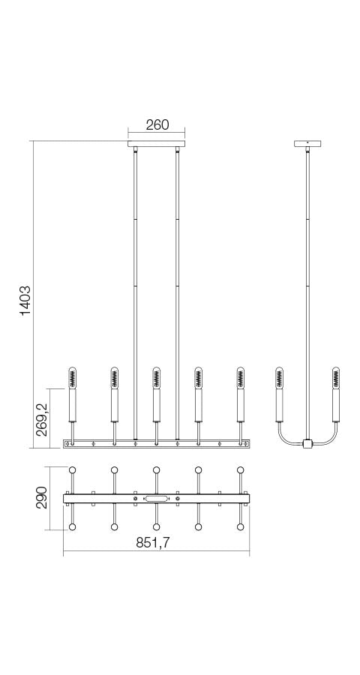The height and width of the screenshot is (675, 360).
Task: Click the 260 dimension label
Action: point(157,125)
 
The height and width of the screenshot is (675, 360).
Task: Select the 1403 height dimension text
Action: point(25,300)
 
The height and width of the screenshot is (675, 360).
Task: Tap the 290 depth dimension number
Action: point(43,498)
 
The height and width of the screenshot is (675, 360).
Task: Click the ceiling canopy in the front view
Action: point(157,143)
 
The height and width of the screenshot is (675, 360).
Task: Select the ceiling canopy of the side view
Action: point(307,143)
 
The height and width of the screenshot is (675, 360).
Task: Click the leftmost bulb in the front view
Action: point(73,376)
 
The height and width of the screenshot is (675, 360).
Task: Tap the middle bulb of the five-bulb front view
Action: point(156,376)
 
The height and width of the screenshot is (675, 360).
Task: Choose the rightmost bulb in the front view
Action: point(241,376)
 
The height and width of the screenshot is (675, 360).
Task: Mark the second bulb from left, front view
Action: point(115,376)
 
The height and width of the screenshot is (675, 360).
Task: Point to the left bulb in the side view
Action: point(280,376)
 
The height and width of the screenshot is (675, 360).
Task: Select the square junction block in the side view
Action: point(307,444)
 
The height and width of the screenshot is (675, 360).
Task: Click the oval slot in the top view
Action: point(157,498)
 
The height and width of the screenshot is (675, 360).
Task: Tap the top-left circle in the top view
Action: point(73,470)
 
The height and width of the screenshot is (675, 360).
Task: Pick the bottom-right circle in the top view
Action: point(241,526)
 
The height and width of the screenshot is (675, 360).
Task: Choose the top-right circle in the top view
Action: point(241,470)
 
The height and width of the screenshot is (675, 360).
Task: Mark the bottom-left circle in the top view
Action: point(73,526)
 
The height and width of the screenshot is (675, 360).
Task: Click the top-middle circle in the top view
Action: point(157,470)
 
